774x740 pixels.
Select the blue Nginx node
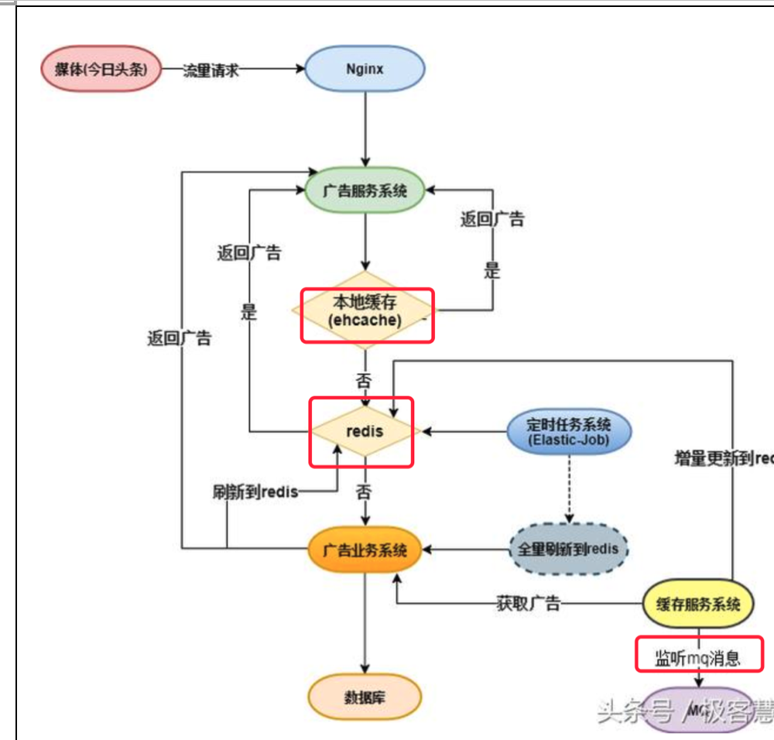[x=365, y=69]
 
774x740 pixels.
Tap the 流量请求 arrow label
[x=211, y=70]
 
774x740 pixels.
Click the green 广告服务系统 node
[x=365, y=190]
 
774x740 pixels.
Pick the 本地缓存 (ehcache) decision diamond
[x=365, y=310]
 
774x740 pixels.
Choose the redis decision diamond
[x=365, y=430]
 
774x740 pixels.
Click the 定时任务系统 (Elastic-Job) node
[x=569, y=431]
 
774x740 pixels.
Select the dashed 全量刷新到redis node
[x=569, y=550]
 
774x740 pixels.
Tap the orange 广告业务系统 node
[x=365, y=550]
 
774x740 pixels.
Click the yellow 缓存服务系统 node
[x=698, y=604]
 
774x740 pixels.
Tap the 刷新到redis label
[x=255, y=492]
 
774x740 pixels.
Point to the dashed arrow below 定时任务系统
[x=569, y=488]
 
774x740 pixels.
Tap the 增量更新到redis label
[x=724, y=458]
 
